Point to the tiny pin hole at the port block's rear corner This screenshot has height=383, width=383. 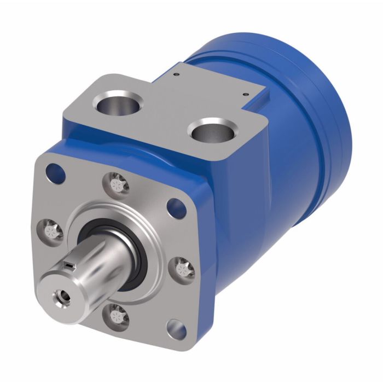coord(177,70)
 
